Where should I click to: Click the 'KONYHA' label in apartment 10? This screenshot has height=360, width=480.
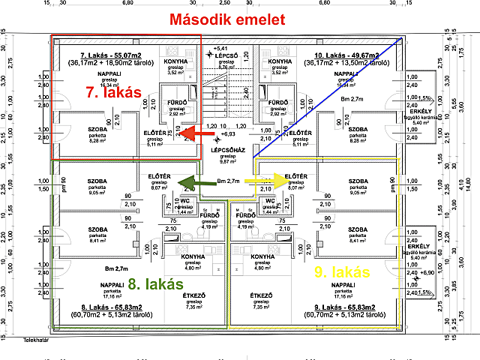click(x=280, y=61)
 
